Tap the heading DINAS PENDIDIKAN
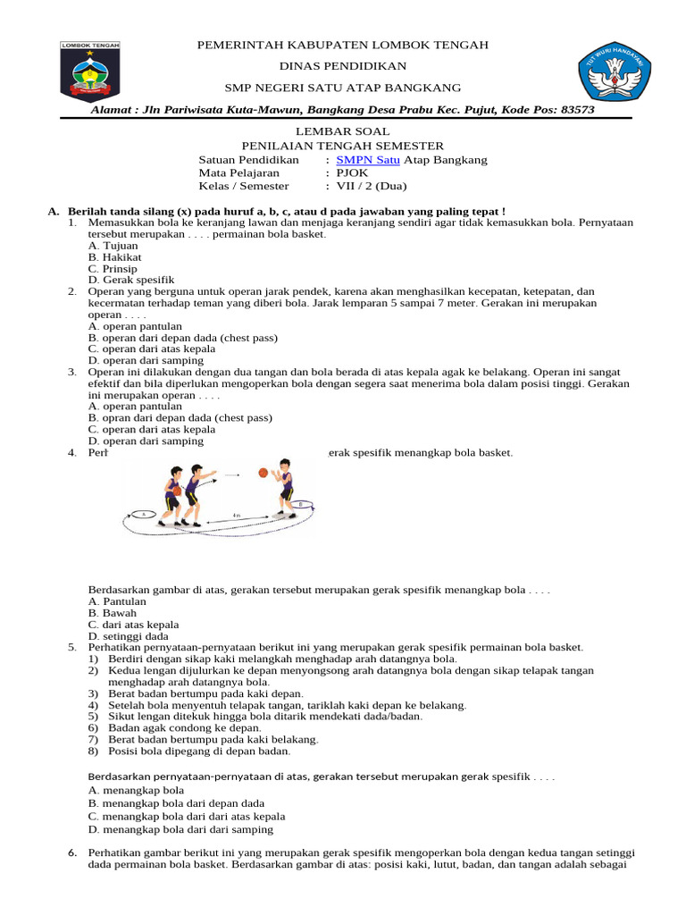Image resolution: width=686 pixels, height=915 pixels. coord(343,66)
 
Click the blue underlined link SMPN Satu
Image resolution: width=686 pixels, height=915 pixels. coord(368,160)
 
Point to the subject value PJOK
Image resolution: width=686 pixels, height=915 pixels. coord(350,173)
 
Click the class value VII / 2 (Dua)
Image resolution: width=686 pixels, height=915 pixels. coord(371,186)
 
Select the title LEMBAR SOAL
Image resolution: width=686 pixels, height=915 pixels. coord(343,131)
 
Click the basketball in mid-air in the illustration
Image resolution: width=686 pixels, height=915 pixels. coord(263,473)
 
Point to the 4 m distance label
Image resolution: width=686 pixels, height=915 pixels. coord(236,516)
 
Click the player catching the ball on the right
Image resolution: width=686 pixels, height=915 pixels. coord(284,487)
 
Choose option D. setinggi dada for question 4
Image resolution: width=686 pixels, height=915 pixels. coord(129,636)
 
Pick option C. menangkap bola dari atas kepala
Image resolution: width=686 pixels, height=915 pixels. coord(187,816)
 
